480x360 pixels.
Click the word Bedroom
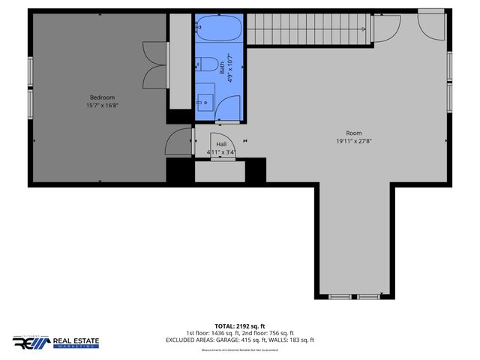[x=102, y=97]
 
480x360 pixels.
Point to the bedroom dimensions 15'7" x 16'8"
[x=102, y=106]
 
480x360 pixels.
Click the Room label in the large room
[x=353, y=133]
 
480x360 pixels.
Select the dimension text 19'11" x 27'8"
[x=353, y=141]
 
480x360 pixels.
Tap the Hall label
[x=222, y=144]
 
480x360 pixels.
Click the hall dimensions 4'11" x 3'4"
[x=222, y=152]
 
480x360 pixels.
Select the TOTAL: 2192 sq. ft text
[x=240, y=326]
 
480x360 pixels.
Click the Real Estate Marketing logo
[x=55, y=342]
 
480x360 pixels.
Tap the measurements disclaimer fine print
[x=240, y=350]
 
